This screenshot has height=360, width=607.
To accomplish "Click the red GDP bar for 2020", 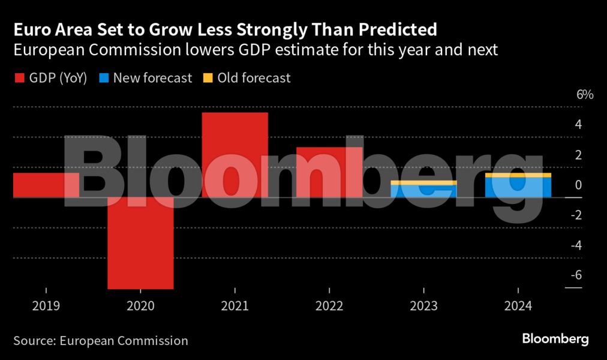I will (140, 243).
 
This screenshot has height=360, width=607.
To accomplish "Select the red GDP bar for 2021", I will (235, 155).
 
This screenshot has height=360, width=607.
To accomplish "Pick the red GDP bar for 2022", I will (329, 172).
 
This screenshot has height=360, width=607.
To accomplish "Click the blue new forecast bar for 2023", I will (423, 191).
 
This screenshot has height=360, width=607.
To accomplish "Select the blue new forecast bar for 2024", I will (518, 187).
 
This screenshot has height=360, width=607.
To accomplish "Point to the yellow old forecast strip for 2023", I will (423, 182).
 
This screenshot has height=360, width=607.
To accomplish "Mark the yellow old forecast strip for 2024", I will (518, 175).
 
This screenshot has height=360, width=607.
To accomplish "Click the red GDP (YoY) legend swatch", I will (19, 78).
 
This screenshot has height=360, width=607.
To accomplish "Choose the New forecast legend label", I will (152, 78).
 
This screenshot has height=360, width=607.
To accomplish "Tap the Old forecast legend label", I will (254, 78).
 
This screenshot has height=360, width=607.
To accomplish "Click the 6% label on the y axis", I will (584, 95).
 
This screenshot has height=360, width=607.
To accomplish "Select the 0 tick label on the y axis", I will (578, 185).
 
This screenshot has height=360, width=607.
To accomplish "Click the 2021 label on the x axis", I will (235, 306).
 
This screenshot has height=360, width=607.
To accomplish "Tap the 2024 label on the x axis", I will (518, 306).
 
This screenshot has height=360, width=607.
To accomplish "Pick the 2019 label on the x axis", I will (46, 306).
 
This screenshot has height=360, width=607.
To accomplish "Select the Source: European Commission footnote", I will (101, 341).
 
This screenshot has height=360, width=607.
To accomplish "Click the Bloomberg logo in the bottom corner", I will (555, 339).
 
